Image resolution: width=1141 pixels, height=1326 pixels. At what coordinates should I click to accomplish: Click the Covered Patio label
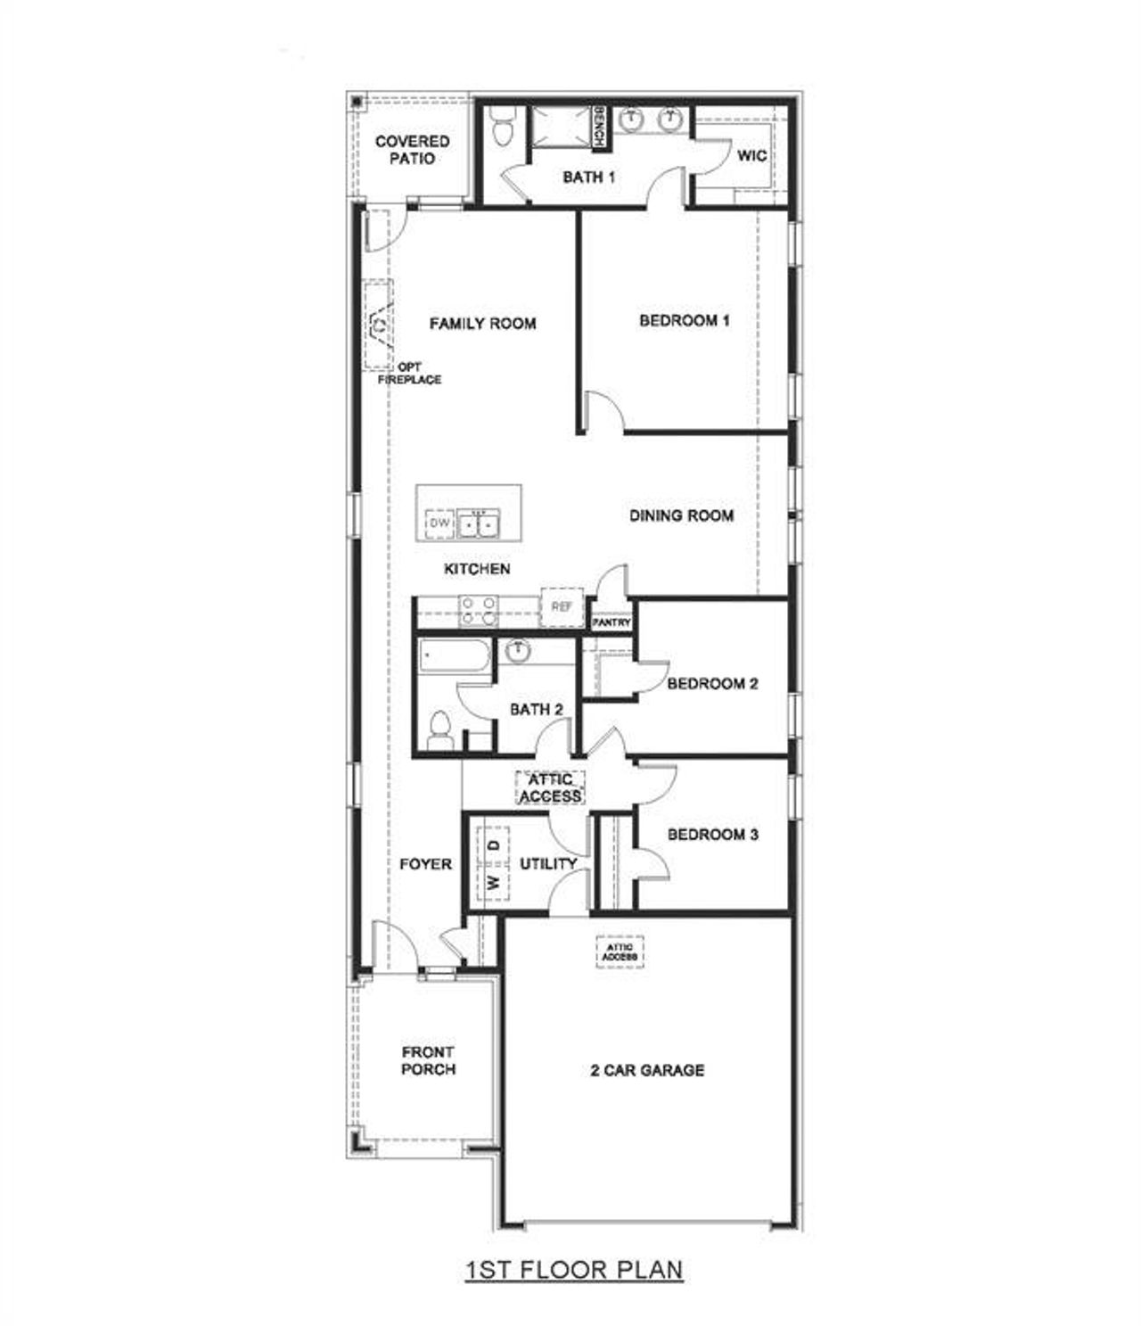(x=412, y=150)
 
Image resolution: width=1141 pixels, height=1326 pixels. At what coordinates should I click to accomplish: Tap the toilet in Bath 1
(x=502, y=128)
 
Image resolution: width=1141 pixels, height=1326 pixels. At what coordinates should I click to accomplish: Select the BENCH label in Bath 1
(x=600, y=127)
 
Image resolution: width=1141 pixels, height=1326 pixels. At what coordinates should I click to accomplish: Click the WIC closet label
(x=751, y=155)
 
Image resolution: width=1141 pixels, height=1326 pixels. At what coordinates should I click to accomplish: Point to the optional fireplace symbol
(x=378, y=325)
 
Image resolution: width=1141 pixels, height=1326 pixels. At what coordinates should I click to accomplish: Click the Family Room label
(x=482, y=323)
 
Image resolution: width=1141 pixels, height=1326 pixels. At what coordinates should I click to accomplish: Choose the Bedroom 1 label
(x=685, y=320)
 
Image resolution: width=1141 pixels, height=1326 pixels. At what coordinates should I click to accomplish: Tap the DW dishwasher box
(x=440, y=523)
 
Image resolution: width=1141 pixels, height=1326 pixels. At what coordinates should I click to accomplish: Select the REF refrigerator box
(x=561, y=606)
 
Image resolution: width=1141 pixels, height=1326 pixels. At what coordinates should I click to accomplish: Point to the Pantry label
(x=612, y=622)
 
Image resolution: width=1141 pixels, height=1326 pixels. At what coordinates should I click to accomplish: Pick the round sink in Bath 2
(x=516, y=652)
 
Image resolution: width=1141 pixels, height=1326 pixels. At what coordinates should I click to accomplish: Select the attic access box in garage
(x=620, y=951)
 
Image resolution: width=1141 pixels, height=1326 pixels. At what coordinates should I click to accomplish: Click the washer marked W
(x=493, y=882)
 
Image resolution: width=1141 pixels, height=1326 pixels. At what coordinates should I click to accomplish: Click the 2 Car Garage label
(x=647, y=1070)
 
